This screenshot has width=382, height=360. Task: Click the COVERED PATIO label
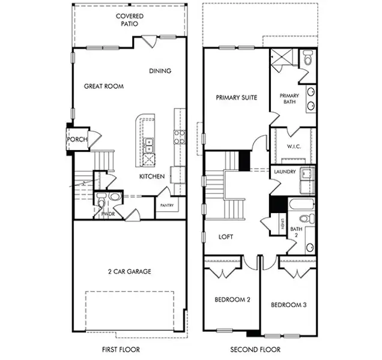[x=130, y=20]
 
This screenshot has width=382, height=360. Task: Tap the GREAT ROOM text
[x=104, y=86]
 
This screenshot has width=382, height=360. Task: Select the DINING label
[x=160, y=71]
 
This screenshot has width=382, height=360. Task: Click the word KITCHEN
[x=152, y=176]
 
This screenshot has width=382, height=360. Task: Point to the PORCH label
[x=77, y=139]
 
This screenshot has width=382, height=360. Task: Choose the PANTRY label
[x=167, y=205]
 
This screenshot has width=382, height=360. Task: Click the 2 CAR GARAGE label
[x=130, y=271]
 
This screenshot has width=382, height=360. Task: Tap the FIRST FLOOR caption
[x=121, y=350]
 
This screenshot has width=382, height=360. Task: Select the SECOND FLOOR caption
[x=255, y=350]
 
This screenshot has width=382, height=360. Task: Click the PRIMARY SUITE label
[x=236, y=98]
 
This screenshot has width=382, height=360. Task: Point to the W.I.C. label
[x=294, y=146]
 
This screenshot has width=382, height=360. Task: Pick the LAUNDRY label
[x=285, y=172]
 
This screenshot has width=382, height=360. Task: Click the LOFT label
[x=226, y=237]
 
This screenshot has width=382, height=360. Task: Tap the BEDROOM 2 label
[x=232, y=299]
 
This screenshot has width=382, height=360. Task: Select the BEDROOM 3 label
[x=289, y=305]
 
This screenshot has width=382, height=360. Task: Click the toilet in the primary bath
[x=308, y=58]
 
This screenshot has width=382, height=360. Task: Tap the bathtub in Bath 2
[x=302, y=204]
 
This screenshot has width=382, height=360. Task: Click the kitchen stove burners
[x=180, y=137]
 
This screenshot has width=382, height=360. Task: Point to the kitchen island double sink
[x=148, y=145]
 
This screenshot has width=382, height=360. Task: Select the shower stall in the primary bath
[x=282, y=58]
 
